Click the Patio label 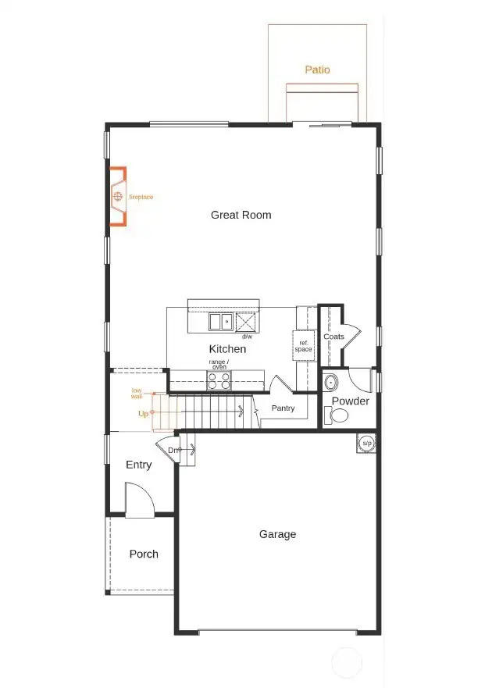317,70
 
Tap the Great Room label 241,215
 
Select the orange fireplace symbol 118,197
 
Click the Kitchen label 227,349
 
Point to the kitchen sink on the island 219,321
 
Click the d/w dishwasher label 246,337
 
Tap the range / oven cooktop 219,380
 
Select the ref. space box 303,345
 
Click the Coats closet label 333,337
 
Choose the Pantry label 282,408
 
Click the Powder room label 351,401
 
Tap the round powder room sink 330,383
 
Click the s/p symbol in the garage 366,443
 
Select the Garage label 277,535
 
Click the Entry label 139,465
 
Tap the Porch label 144,554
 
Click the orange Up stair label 143,414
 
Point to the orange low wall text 137,393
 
